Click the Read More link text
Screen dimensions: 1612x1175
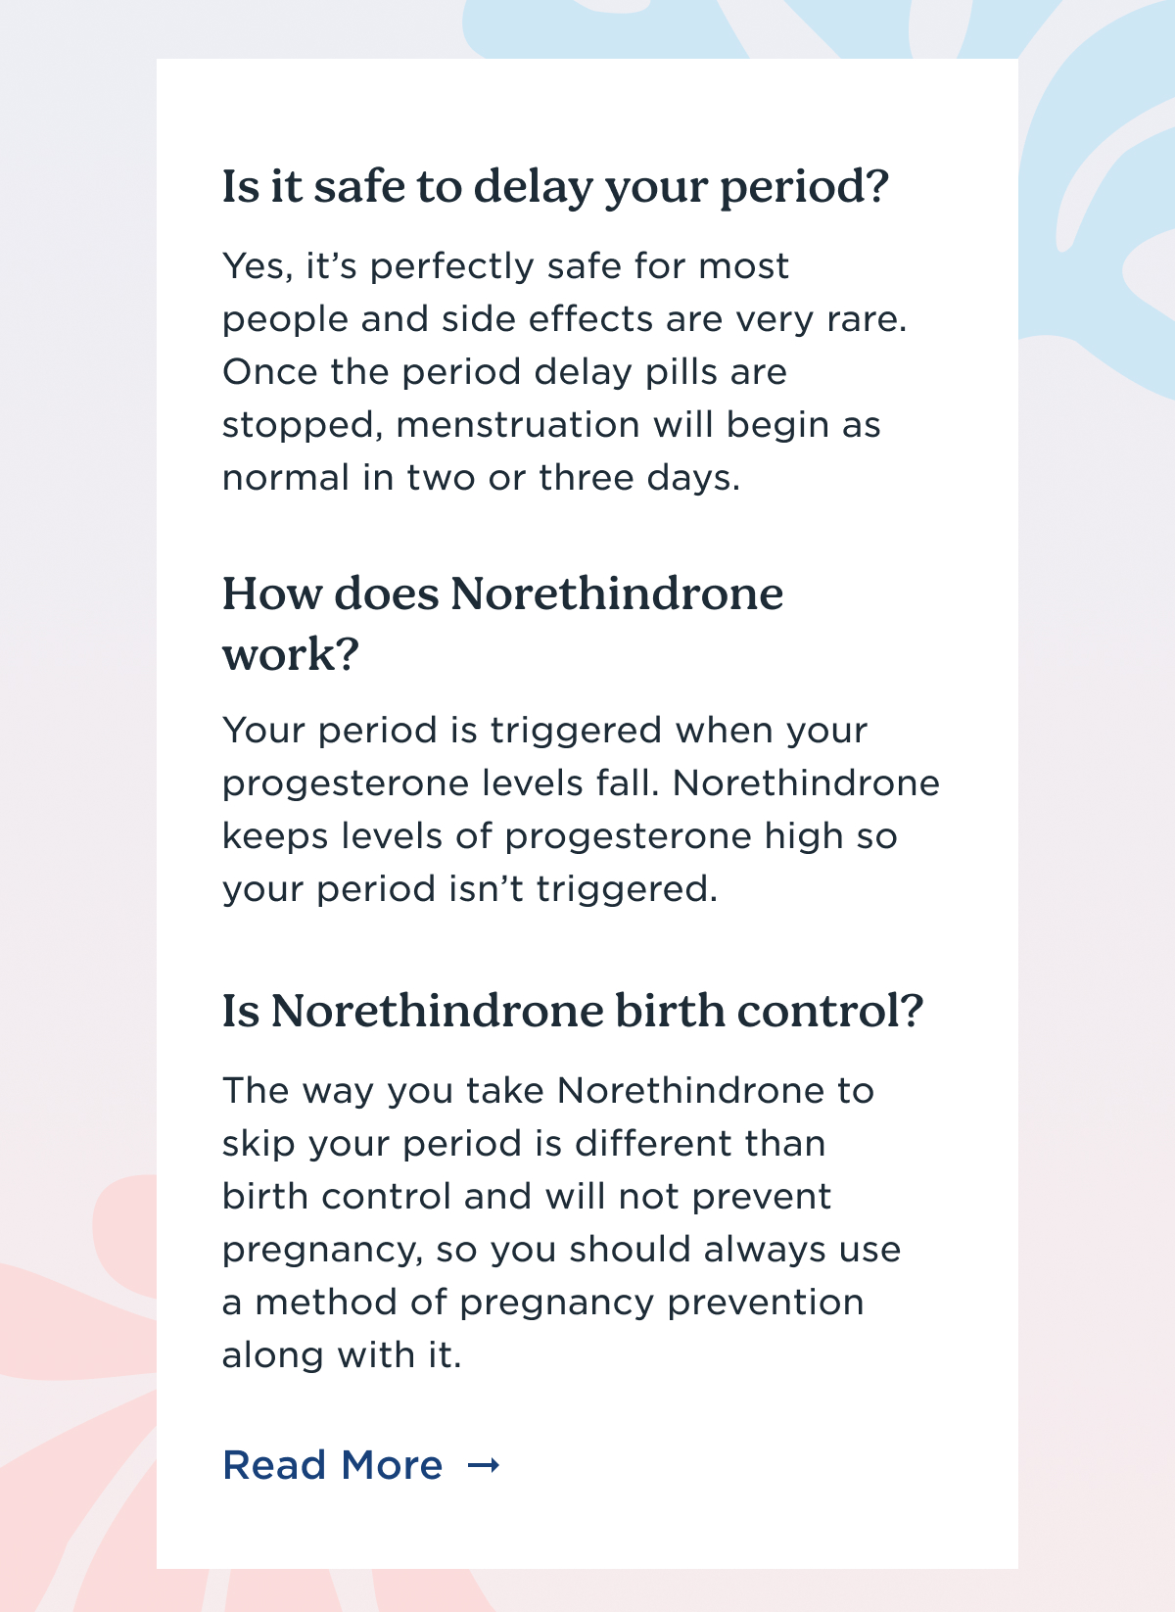tap(332, 1465)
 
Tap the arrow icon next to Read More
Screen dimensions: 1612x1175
tap(484, 1465)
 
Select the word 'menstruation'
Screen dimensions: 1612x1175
tap(518, 425)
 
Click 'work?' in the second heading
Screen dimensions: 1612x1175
tap(290, 654)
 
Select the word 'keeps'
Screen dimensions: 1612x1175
tap(275, 837)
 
